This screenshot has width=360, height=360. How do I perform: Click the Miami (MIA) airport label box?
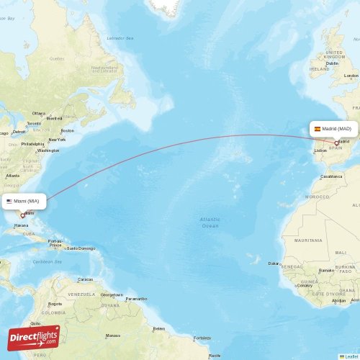(x=25, y=201)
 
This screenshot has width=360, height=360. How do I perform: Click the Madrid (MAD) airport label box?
(x=333, y=129)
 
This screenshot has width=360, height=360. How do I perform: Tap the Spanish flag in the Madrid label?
(x=317, y=129)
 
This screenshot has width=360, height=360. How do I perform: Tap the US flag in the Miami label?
(x=9, y=201)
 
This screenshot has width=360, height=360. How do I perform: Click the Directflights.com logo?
(x=34, y=337)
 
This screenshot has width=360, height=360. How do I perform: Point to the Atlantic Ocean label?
(x=210, y=222)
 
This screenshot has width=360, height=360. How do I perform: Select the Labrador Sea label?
(x=120, y=37)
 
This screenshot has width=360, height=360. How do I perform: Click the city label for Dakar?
(x=274, y=264)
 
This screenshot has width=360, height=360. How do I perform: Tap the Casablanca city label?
(x=331, y=176)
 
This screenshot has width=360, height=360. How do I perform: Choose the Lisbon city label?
(x=320, y=150)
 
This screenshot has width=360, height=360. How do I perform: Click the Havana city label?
(x=21, y=225)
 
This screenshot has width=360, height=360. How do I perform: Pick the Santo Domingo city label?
(x=81, y=248)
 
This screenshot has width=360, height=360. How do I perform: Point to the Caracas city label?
(x=85, y=279)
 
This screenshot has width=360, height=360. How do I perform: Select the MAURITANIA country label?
(x=308, y=240)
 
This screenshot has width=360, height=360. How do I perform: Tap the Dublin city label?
(x=332, y=63)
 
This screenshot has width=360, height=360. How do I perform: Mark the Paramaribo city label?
(x=135, y=298)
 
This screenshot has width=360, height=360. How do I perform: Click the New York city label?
(x=57, y=140)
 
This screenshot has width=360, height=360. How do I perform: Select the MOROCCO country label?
(x=316, y=196)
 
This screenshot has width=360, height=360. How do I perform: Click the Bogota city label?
(x=55, y=304)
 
